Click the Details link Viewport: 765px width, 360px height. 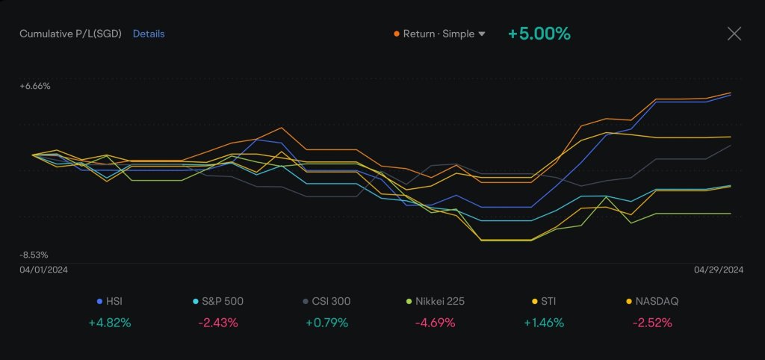pyautogui.click(x=149, y=34)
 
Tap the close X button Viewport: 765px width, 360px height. pyautogui.click(x=734, y=34)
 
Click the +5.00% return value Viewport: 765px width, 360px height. pyautogui.click(x=539, y=34)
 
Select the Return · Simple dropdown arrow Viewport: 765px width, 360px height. pyautogui.click(x=482, y=34)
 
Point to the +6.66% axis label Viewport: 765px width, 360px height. pyautogui.click(x=35, y=86)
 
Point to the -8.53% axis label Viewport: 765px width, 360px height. pyautogui.click(x=35, y=255)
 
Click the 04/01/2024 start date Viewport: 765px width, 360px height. pyautogui.click(x=44, y=270)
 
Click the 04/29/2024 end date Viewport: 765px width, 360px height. pyautogui.click(x=719, y=270)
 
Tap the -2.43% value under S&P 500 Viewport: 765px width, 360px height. pyautogui.click(x=218, y=323)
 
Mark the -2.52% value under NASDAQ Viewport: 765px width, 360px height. pyautogui.click(x=652, y=323)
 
